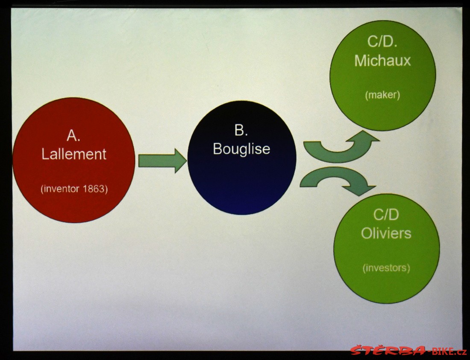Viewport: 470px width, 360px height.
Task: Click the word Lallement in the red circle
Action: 74,154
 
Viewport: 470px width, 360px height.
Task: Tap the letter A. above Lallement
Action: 73,136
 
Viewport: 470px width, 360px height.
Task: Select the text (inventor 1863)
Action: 74,189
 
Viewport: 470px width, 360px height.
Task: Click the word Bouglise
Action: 241,149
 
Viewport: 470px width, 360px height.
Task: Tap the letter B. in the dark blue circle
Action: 241,130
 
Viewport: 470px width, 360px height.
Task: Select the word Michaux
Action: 382,61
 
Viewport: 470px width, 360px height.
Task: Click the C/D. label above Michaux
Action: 382,41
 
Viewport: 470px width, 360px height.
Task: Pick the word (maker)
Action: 382,95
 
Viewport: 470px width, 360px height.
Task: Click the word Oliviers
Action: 386,233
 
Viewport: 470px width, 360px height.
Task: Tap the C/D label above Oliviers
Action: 386,215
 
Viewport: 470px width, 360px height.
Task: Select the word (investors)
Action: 386,268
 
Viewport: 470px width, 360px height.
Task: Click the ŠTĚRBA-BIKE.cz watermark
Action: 408,351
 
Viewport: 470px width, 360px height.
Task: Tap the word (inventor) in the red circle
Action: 60,189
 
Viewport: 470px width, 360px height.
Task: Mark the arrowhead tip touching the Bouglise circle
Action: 187,161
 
